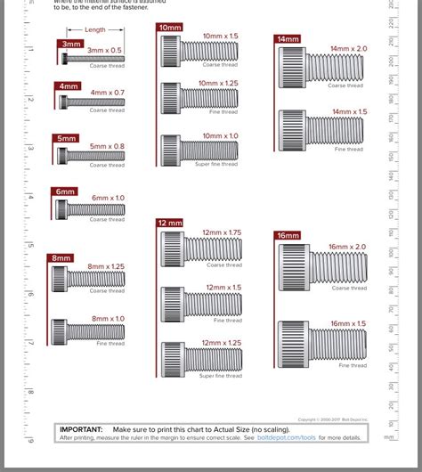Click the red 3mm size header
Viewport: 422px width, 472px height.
70,43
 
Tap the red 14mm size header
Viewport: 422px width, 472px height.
287,39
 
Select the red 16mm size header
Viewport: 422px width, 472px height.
288,235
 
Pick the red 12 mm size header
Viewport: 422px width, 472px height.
169,223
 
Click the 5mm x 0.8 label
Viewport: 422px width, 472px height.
107,146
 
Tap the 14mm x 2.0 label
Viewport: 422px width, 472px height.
348,48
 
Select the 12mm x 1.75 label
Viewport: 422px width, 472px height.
222,232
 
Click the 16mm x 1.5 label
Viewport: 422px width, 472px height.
347,323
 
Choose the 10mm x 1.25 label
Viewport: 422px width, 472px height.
219,83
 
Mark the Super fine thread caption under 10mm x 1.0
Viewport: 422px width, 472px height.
216,164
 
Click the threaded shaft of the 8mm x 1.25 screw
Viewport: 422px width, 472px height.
97,279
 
